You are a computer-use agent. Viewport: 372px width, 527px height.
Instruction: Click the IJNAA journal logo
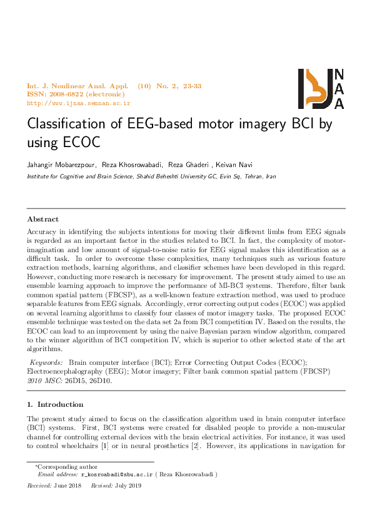321,89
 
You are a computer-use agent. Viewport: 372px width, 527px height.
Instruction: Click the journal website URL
78,103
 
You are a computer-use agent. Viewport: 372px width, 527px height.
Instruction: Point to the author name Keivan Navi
235,165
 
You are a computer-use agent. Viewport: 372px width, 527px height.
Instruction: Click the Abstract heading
43,219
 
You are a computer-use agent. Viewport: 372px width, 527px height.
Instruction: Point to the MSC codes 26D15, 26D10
94,380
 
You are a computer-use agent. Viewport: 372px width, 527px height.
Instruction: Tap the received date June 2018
68,485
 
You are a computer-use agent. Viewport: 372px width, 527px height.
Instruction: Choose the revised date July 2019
128,485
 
